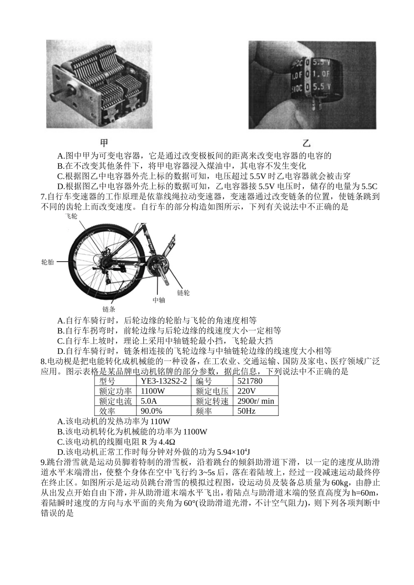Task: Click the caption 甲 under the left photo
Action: click(x=104, y=143)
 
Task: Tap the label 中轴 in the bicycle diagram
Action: click(x=159, y=300)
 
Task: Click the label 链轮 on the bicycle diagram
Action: click(x=183, y=292)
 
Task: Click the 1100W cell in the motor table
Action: click(x=153, y=391)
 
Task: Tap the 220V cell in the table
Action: click(x=247, y=391)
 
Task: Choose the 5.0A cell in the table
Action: click(x=149, y=401)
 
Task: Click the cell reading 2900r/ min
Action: click(x=256, y=401)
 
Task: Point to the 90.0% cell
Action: click(x=151, y=411)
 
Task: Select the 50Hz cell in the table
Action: click(x=246, y=411)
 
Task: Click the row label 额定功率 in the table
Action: click(x=115, y=391)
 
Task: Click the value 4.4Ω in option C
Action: click(x=163, y=442)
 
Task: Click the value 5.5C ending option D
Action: click(x=369, y=186)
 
